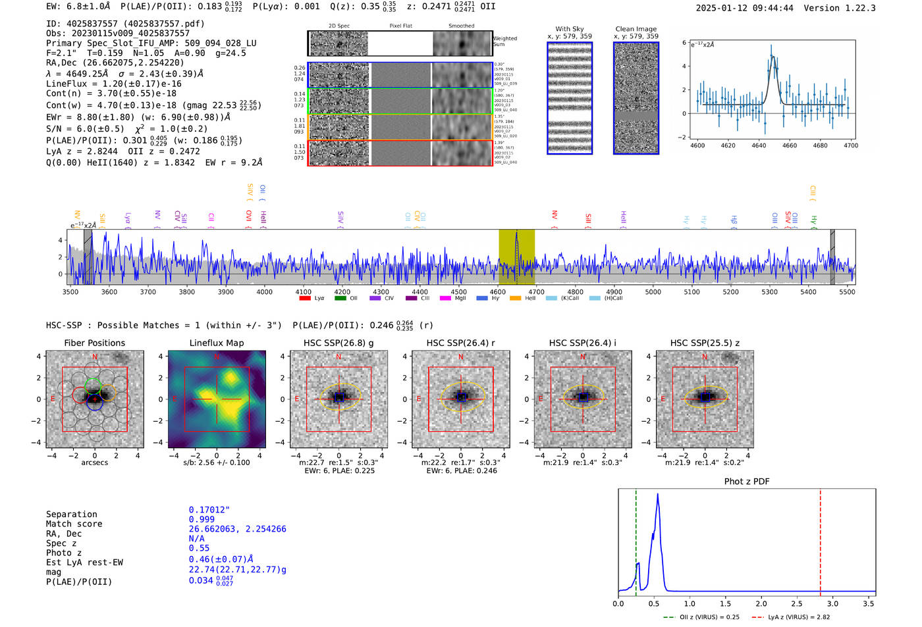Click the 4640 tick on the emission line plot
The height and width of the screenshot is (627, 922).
(759, 145)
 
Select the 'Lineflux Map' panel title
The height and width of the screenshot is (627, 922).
(216, 343)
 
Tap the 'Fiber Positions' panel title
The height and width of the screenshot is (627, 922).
(94, 343)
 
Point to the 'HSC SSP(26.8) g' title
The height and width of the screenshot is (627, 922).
(339, 343)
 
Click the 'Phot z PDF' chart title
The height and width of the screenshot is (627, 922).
(747, 482)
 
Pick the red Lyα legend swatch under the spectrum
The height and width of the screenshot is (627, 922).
(305, 298)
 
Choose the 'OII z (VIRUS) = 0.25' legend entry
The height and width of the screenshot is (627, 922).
(701, 617)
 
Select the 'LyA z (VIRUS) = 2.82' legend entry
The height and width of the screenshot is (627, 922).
(791, 617)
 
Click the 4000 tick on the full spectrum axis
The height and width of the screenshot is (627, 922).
(265, 291)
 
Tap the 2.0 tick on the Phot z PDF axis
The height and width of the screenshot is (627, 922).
(761, 603)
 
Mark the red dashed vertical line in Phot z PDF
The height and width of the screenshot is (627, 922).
(821, 539)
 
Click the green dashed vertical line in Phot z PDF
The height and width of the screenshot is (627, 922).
(636, 539)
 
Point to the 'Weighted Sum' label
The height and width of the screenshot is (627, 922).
(505, 41)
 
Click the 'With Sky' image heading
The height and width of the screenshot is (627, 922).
(570, 29)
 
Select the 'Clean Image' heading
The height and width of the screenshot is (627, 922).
(636, 29)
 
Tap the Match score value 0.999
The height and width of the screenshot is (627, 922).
(202, 519)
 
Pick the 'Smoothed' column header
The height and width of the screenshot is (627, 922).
(461, 26)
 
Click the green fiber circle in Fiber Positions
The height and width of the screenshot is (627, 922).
(93, 386)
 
